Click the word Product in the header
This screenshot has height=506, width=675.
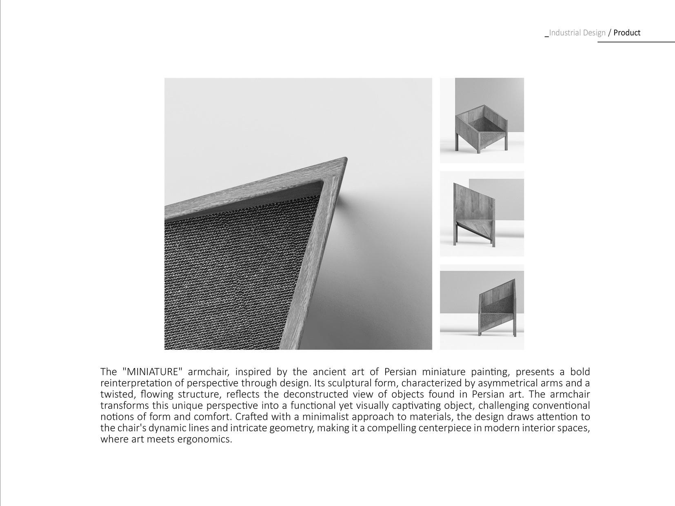click(x=626, y=33)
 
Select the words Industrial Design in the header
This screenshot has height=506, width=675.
click(x=577, y=33)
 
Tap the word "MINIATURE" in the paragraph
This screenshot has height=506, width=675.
click(x=152, y=372)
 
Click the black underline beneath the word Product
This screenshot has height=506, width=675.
click(x=636, y=42)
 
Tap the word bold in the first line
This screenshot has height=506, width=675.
click(x=580, y=372)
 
